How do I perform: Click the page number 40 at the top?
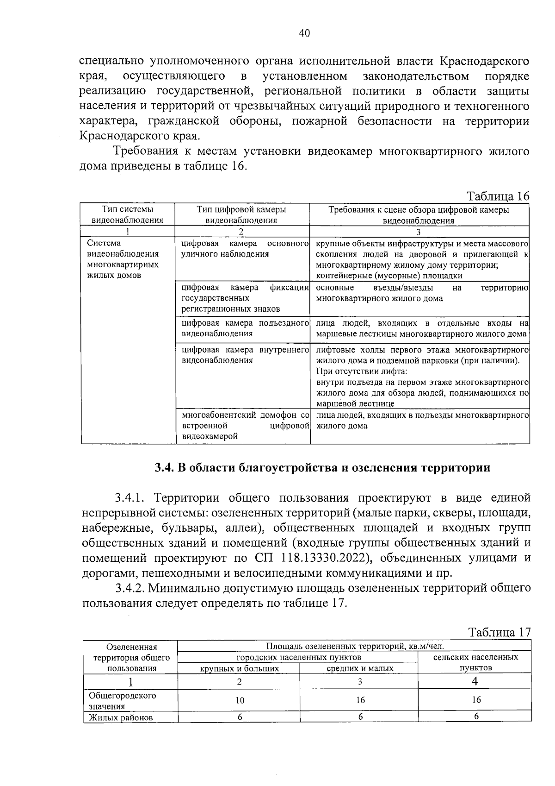pos(304,33)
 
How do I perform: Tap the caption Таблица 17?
pos(499,632)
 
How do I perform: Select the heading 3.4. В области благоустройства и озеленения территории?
pos(322,467)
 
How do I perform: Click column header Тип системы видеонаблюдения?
pos(128,215)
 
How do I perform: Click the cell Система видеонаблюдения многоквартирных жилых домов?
pos(123,259)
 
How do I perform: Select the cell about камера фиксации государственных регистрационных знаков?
pos(245,298)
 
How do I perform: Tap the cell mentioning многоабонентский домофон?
pos(245,425)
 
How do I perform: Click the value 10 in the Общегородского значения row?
pos(239,700)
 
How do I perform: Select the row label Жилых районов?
pos(121,717)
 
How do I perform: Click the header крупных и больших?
pos(239,668)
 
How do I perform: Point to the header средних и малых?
pos(360,668)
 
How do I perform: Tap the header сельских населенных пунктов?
pos(475,662)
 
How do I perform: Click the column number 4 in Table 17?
pos(475,681)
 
